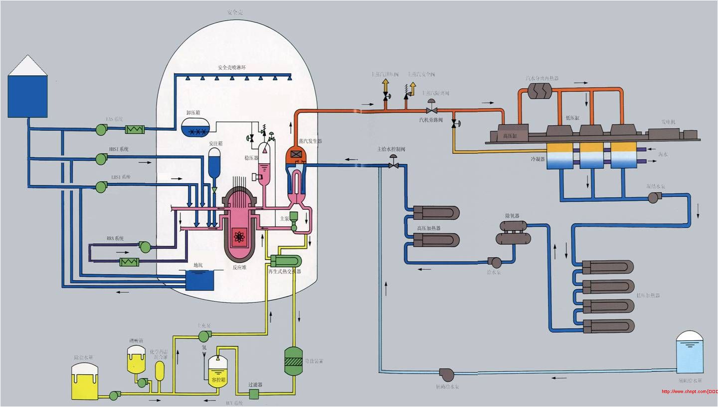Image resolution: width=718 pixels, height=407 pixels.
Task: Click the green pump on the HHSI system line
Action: [101, 158]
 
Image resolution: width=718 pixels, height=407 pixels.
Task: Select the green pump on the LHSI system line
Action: [101, 187]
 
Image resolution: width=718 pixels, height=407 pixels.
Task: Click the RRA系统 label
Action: [115, 239]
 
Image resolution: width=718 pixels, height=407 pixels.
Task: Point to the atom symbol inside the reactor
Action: [239, 237]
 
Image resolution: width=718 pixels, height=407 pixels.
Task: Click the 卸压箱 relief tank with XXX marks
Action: [195, 128]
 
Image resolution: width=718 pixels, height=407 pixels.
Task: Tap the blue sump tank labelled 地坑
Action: [199, 280]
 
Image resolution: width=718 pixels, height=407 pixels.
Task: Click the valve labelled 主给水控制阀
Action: [393, 164]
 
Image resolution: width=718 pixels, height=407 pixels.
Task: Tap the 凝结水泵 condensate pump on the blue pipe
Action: [653, 197]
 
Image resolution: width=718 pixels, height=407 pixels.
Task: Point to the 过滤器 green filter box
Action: [253, 394]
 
